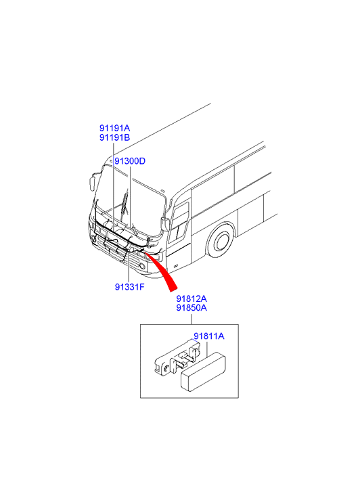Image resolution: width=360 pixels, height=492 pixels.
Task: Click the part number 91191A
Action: pyautogui.click(x=114, y=128)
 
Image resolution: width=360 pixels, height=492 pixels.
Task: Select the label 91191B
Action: pyautogui.click(x=114, y=137)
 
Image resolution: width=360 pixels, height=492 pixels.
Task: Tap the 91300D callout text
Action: pyautogui.click(x=130, y=161)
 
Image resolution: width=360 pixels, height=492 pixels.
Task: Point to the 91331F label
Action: pyautogui.click(x=130, y=287)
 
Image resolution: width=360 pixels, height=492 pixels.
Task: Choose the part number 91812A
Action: pyautogui.click(x=192, y=298)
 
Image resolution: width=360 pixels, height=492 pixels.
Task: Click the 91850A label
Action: pyautogui.click(x=192, y=308)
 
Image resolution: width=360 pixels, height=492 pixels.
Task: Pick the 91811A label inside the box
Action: pyautogui.click(x=208, y=336)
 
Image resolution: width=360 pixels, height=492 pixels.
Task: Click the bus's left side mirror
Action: pyautogui.click(x=91, y=183)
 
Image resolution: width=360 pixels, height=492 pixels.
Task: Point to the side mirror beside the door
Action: pyautogui.click(x=164, y=223)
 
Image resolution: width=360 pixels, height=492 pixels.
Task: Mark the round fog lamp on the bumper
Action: pyautogui.click(x=143, y=267)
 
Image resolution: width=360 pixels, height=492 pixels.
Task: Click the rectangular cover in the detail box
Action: pyautogui.click(x=203, y=372)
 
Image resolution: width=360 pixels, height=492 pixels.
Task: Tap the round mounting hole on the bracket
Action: pyautogui.click(x=164, y=367)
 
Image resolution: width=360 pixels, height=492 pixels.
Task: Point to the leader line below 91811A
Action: pyautogui.click(x=208, y=349)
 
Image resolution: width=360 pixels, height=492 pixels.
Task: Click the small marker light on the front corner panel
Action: pyautogui.click(x=175, y=266)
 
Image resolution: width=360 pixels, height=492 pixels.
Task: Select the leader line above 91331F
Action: pyautogui.click(x=129, y=266)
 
